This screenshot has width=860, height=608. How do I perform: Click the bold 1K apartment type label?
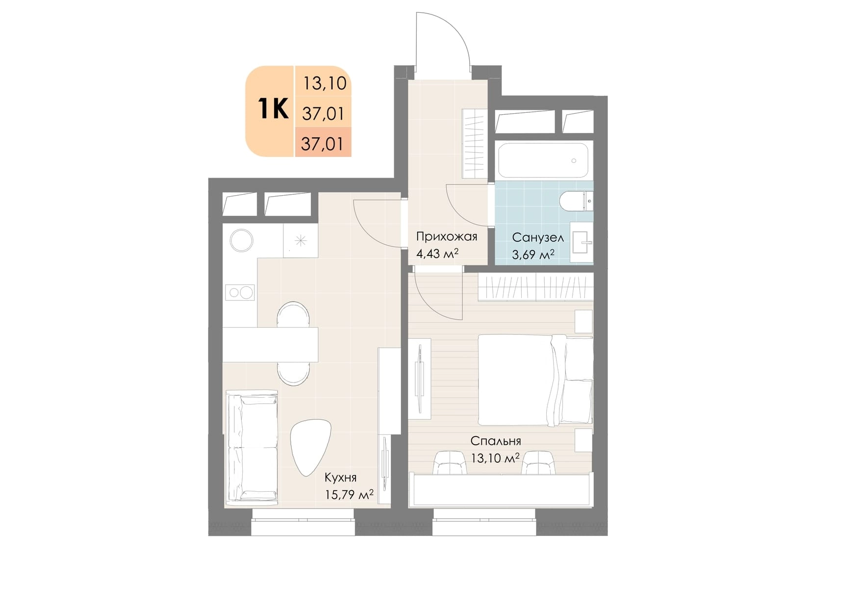[273, 108]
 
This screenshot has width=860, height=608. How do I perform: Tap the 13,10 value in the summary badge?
[325, 83]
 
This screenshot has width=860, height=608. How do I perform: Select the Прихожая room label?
[446, 237]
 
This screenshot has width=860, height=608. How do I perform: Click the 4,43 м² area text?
[437, 253]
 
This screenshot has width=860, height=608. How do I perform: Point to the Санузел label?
[538, 238]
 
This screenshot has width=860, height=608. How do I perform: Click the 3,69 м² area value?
[533, 255]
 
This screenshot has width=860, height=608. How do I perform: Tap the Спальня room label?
[495, 441]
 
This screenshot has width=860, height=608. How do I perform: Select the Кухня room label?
[340, 478]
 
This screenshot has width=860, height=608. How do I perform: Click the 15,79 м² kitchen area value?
[349, 494]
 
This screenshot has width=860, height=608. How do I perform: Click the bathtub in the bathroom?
[543, 160]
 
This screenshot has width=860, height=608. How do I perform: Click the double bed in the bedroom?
[535, 380]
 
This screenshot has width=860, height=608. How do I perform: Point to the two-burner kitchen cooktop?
[240, 293]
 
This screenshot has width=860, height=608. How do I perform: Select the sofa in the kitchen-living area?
[252, 446]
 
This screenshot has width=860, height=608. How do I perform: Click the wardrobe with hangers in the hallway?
[475, 143]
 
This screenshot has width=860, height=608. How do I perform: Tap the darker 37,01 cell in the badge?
[323, 143]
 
